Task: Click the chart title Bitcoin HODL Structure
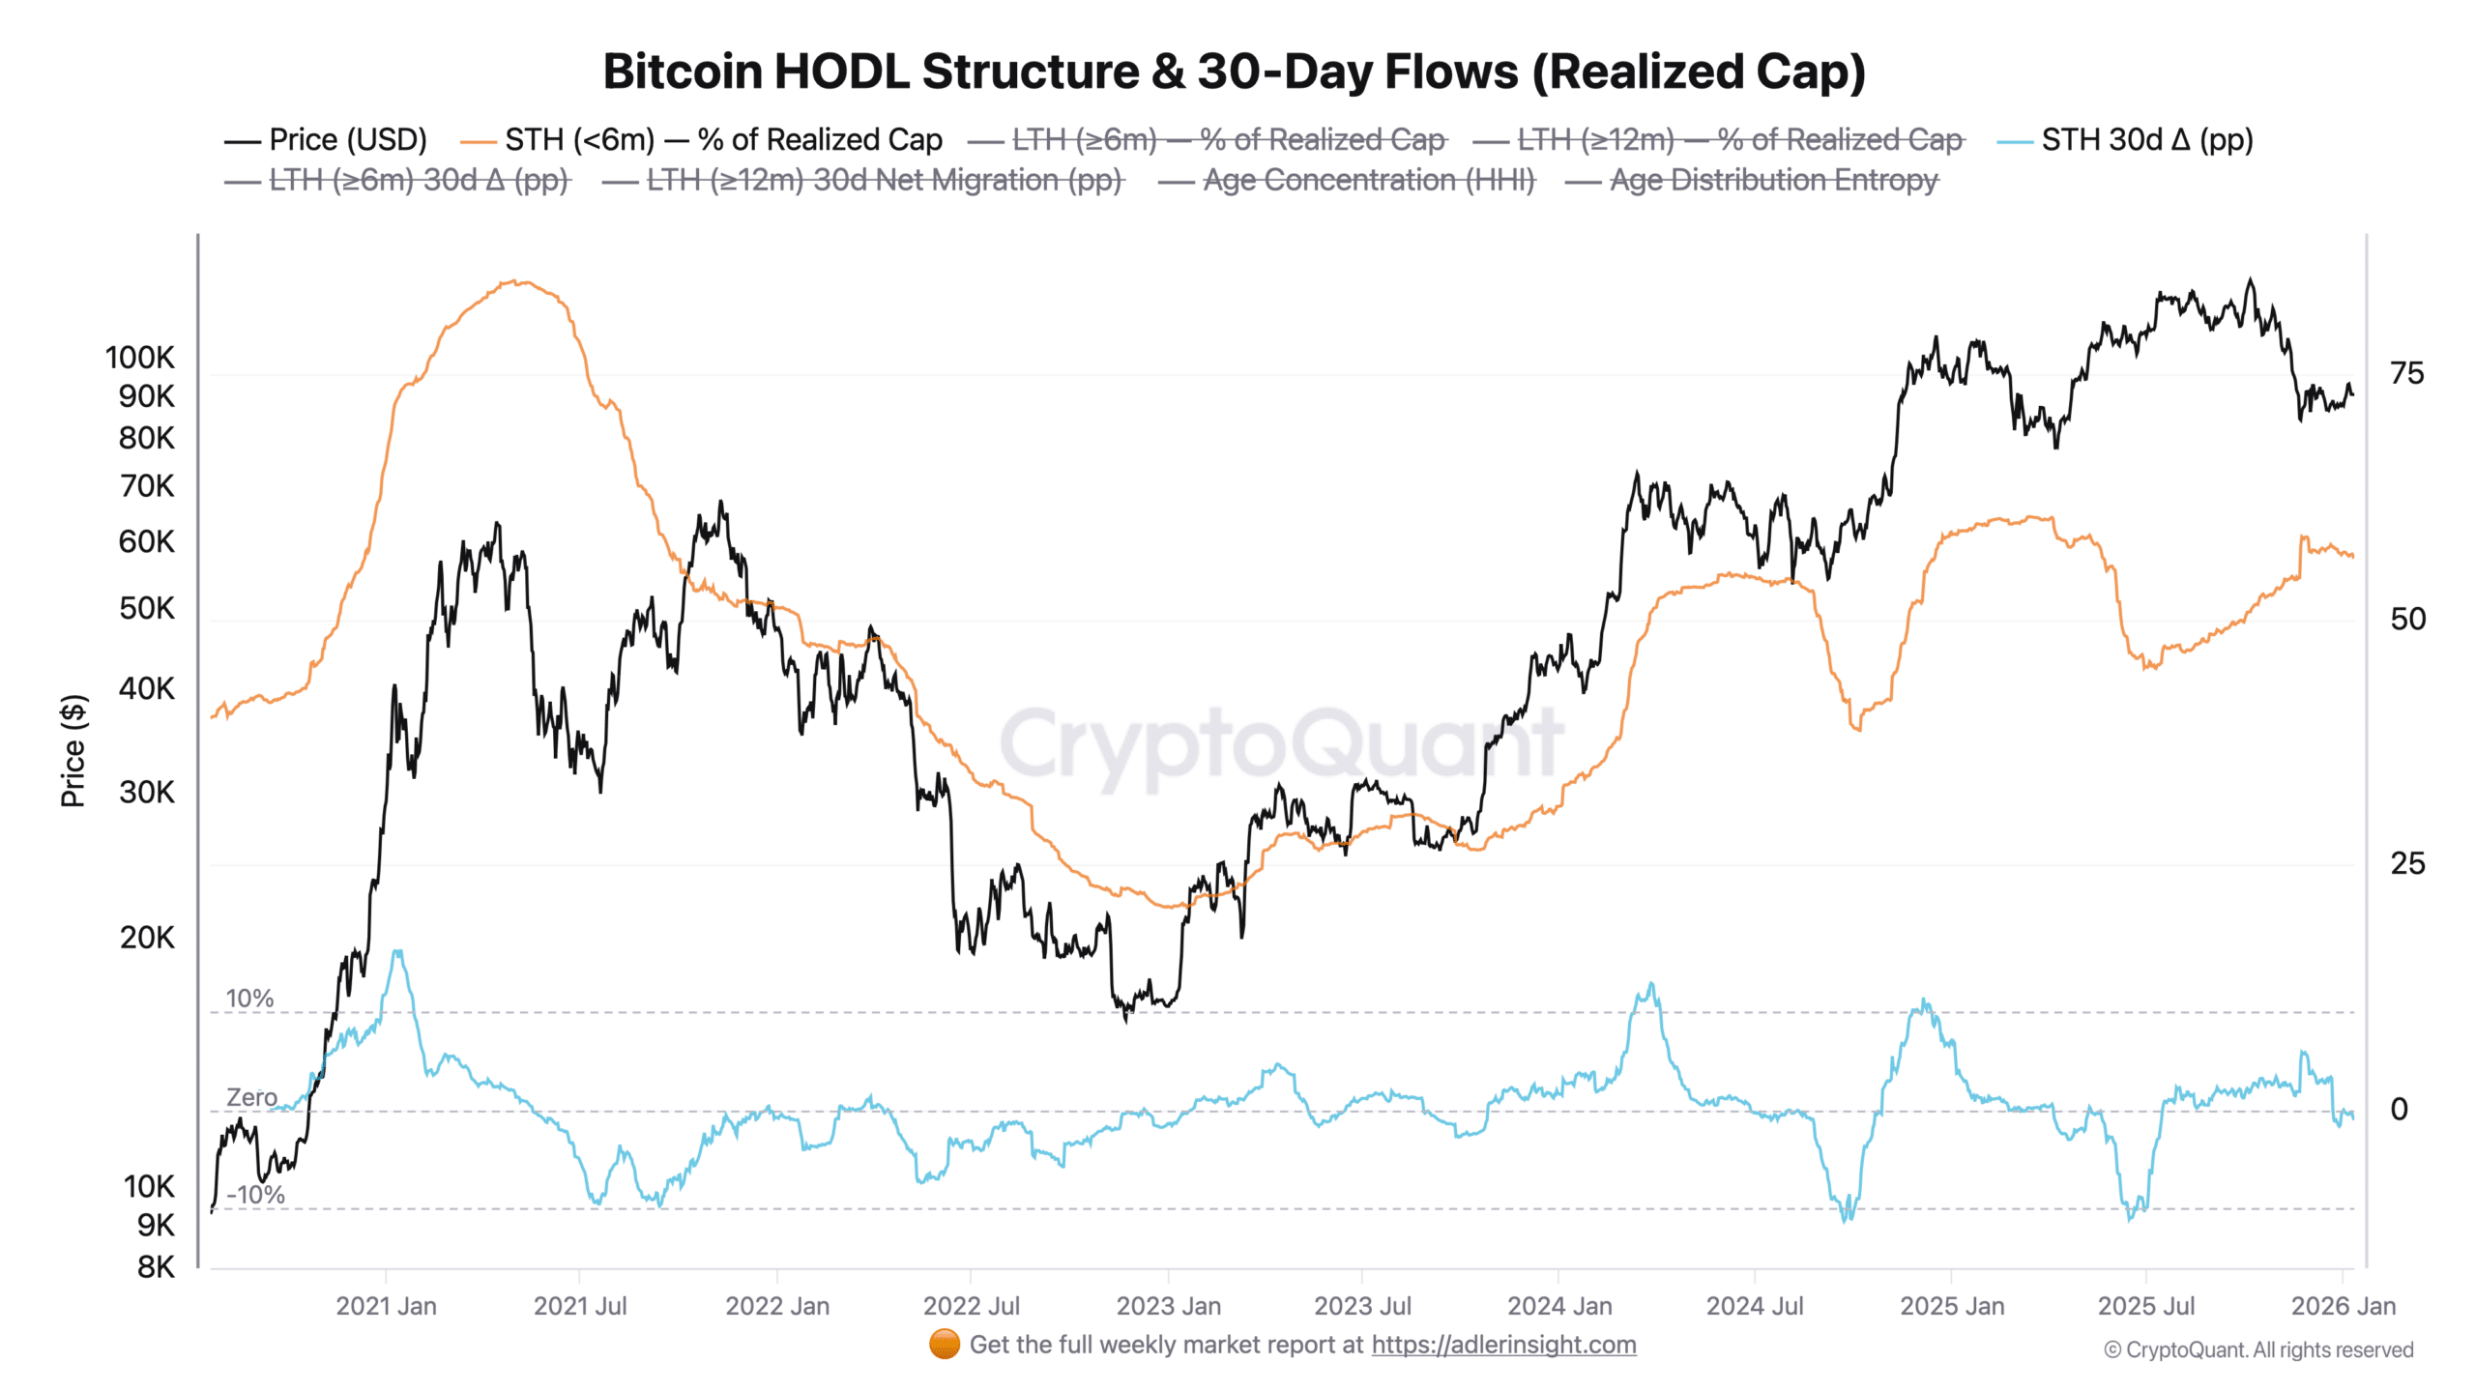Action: tap(1234, 72)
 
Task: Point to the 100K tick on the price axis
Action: tap(140, 358)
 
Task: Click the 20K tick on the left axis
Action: tap(147, 938)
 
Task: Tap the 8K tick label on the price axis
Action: tap(156, 1267)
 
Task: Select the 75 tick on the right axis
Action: tap(2406, 373)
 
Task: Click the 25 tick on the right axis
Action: tap(2406, 863)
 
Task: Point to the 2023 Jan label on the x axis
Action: tap(1168, 1306)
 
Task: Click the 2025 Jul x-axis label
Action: tap(2145, 1306)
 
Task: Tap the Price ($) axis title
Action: tap(73, 750)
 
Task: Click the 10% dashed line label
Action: tap(249, 999)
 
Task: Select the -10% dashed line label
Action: tap(255, 1195)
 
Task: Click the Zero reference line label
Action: tap(251, 1097)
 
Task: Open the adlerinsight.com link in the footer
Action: tap(1503, 1345)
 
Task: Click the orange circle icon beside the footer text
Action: tap(944, 1344)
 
